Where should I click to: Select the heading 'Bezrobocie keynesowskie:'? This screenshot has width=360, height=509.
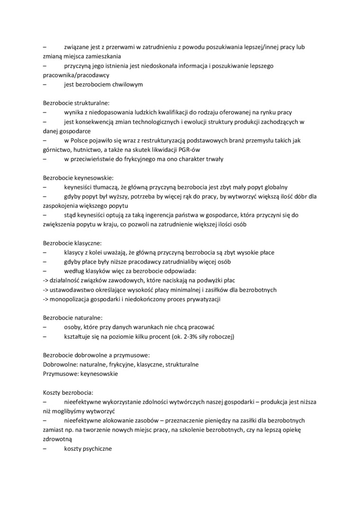coord(78,178)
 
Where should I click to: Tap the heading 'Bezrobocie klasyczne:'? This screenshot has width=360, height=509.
coord(72,243)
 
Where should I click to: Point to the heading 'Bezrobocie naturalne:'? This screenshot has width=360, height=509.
coord(72,318)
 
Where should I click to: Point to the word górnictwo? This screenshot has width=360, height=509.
coord(56,150)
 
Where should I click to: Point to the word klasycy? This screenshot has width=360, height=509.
coord(75,252)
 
